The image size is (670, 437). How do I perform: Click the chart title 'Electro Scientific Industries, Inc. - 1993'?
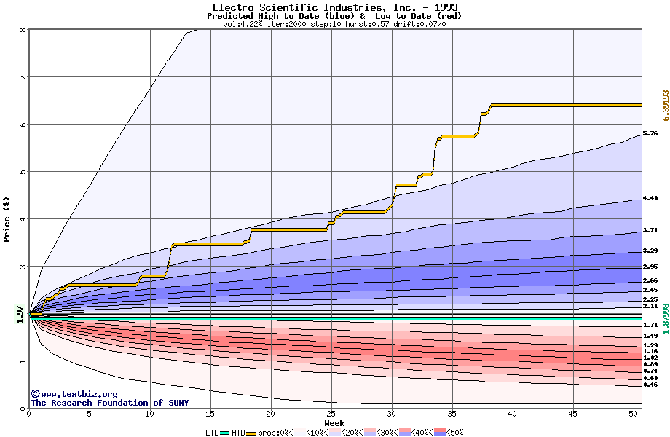334,7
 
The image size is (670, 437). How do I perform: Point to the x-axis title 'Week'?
334,422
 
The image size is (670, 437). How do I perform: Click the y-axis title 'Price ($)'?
7,219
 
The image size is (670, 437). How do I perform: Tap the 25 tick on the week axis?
331,414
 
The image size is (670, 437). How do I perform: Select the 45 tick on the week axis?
573,414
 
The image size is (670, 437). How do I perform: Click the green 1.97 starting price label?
20,313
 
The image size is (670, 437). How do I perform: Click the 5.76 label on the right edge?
650,134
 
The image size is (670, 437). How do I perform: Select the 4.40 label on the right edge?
650,199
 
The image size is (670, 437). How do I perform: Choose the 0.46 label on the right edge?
650,385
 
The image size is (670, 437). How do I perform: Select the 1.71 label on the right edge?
650,325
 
